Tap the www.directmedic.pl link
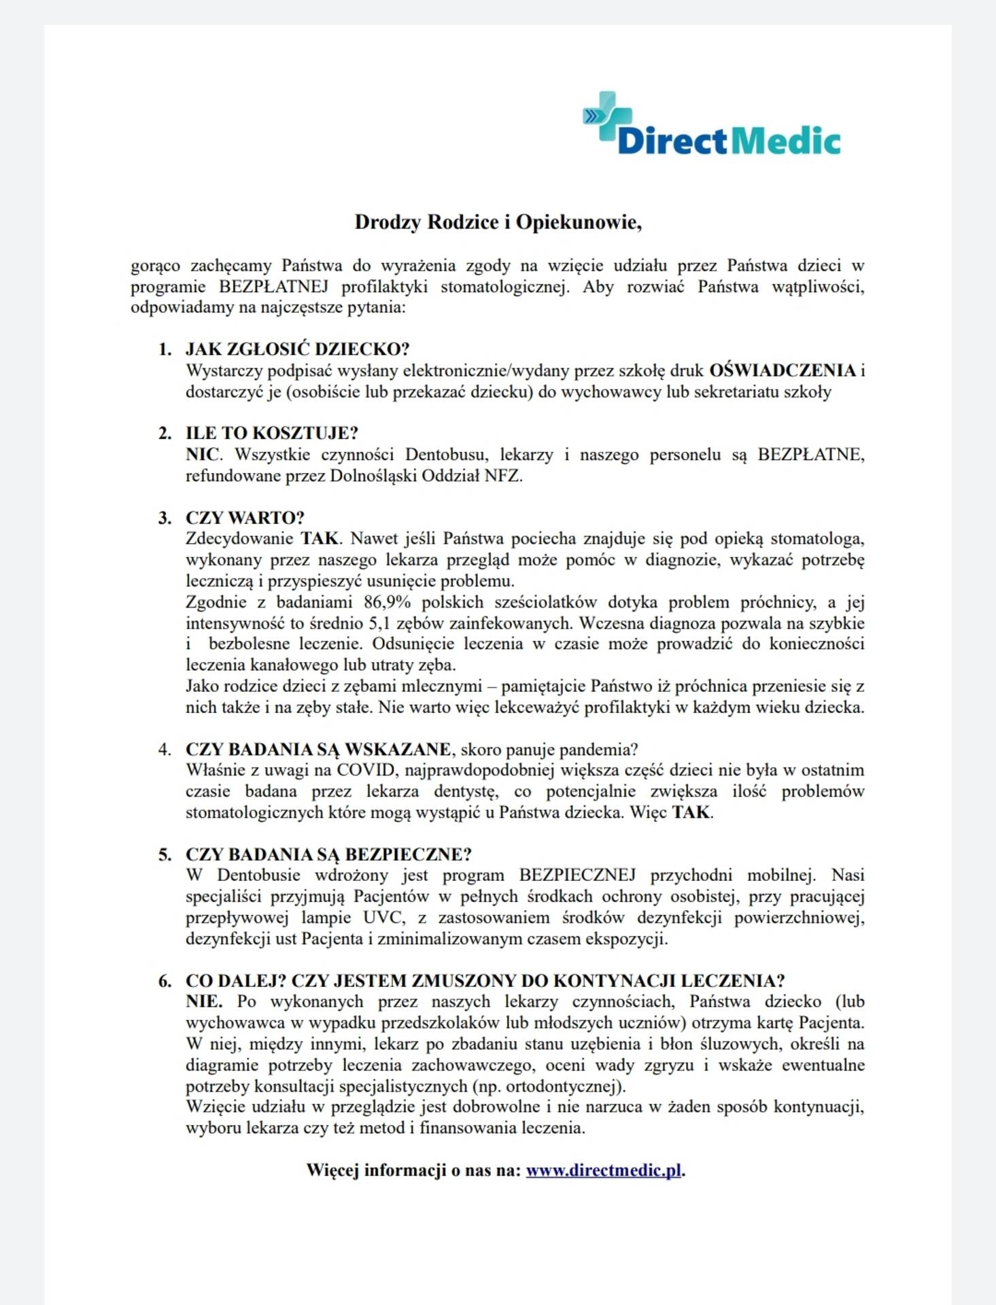(x=603, y=1170)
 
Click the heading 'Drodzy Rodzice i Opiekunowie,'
(x=498, y=222)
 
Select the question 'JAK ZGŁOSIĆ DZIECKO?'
(x=297, y=349)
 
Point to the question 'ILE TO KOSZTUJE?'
(x=271, y=433)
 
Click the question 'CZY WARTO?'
(x=245, y=517)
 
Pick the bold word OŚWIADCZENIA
(x=782, y=370)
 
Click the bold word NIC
(x=202, y=454)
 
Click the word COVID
(x=366, y=770)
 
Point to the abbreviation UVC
(x=383, y=918)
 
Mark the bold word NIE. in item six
(x=203, y=1001)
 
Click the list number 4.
(x=165, y=749)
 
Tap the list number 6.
(x=165, y=981)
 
